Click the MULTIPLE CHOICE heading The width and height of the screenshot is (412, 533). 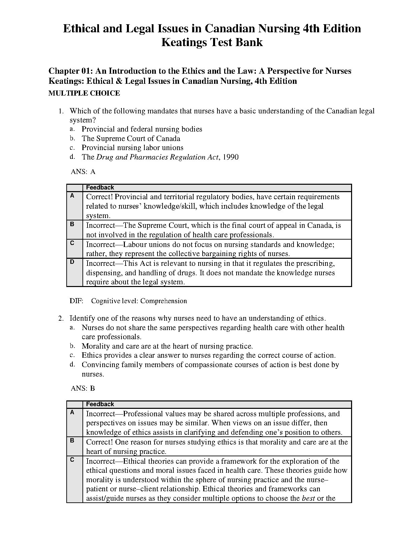click(x=84, y=93)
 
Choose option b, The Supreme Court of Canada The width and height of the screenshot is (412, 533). click(x=131, y=139)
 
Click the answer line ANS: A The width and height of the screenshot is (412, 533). click(x=83, y=172)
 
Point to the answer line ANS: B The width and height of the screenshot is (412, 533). click(x=83, y=389)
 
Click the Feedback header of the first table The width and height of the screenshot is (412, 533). click(x=100, y=188)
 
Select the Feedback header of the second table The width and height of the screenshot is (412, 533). click(x=100, y=404)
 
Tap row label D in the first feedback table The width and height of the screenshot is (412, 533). click(x=72, y=262)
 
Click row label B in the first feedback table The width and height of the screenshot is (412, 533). click(x=72, y=224)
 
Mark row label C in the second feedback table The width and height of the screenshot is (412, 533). click(x=72, y=460)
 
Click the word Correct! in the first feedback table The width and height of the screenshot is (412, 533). click(x=99, y=197)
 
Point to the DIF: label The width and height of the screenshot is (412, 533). click(x=76, y=301)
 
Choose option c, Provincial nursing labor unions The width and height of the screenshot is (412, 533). click(x=133, y=148)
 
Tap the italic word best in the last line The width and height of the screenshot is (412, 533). click(x=308, y=498)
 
